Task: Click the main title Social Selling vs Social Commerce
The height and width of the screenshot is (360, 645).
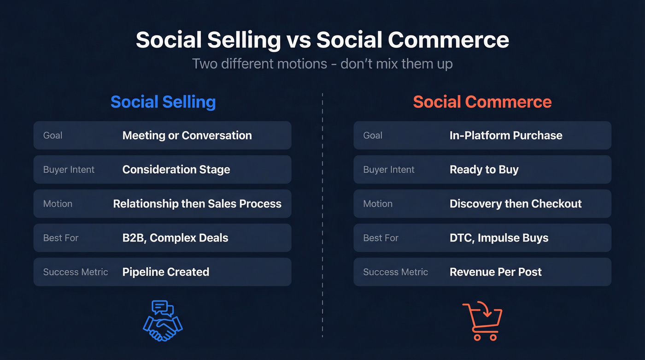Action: pos(322,40)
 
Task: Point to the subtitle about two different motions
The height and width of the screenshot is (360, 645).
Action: pos(322,64)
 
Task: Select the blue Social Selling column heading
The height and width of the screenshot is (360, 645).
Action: pos(163,102)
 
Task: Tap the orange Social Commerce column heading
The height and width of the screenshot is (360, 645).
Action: pos(482,102)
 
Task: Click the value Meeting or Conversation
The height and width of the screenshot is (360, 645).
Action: pos(187,136)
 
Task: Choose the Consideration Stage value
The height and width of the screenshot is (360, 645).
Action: pos(176,170)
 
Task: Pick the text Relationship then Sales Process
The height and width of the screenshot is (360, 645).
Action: pos(197,204)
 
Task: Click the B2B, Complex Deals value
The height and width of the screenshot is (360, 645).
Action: pos(175,238)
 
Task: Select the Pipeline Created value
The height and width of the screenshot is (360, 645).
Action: pos(166,272)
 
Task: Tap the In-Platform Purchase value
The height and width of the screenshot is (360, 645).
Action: pos(506,136)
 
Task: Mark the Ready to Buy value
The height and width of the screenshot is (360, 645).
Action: pos(484,170)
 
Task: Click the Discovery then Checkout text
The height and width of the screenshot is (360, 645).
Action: pos(516,204)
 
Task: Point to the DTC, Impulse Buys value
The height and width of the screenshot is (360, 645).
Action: pos(499,238)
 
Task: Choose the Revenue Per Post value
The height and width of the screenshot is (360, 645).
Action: pos(496,272)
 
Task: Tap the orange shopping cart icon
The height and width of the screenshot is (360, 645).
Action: pos(482,321)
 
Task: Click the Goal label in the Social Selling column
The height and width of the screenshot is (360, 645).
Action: pos(53,136)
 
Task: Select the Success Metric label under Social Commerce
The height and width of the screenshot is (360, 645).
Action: pos(395,272)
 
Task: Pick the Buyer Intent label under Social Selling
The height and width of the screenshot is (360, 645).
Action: pos(69,170)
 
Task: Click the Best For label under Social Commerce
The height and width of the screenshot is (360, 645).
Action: pos(381,238)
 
